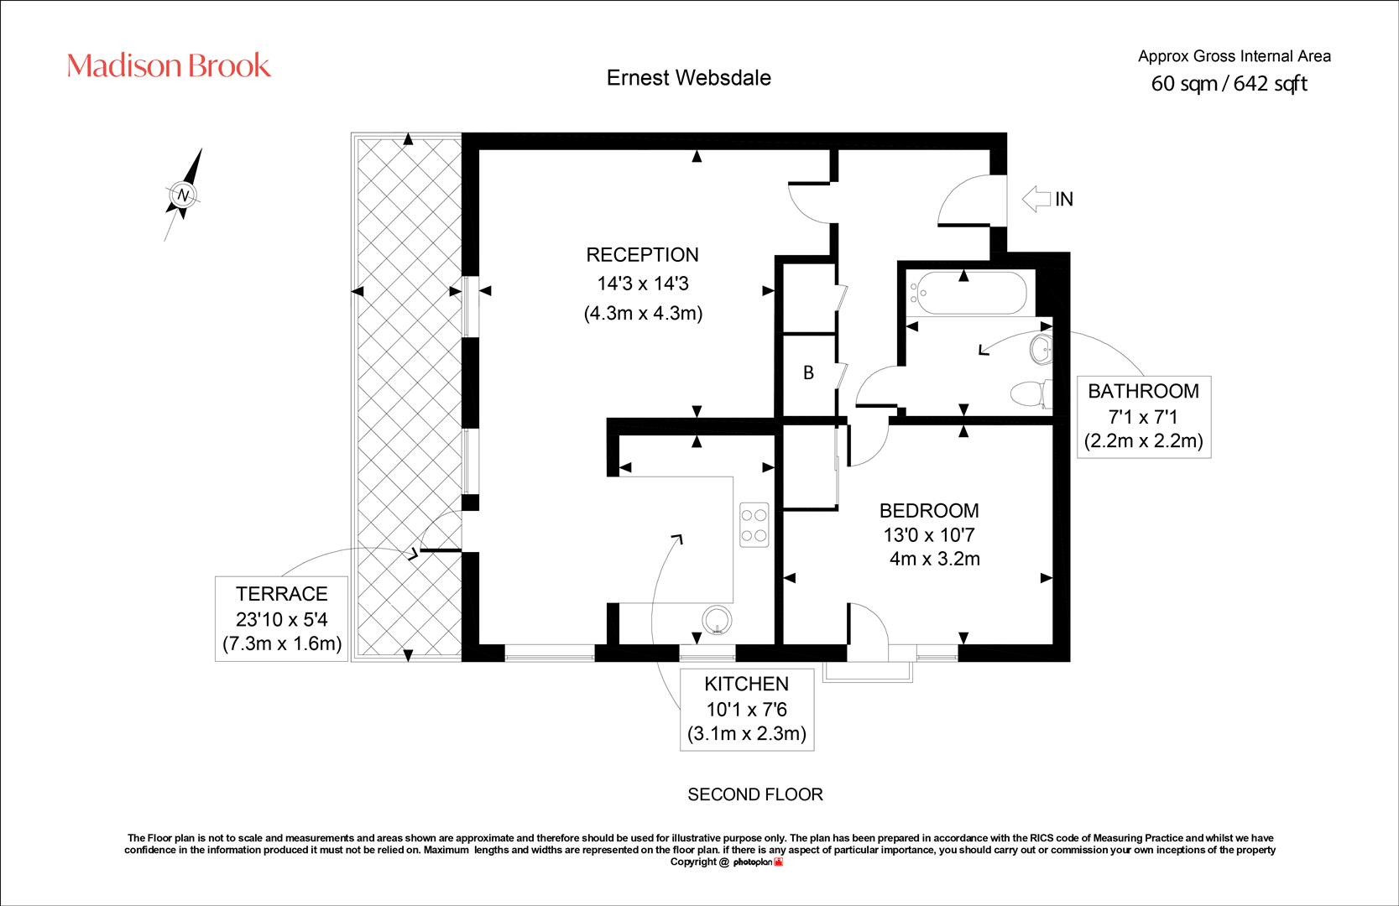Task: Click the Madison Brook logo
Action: pyautogui.click(x=170, y=65)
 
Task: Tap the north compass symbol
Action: pyautogui.click(x=183, y=195)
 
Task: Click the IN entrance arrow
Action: pyautogui.click(x=1036, y=199)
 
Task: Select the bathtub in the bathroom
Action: pyautogui.click(x=968, y=293)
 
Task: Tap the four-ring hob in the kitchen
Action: pyautogui.click(x=754, y=525)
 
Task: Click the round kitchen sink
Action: pyautogui.click(x=717, y=621)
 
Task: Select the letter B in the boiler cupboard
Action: pyautogui.click(x=808, y=372)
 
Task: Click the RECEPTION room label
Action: pyautogui.click(x=642, y=255)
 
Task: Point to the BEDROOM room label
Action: pyautogui.click(x=929, y=511)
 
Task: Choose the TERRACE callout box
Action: pyautogui.click(x=282, y=619)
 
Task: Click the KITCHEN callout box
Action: pyautogui.click(x=746, y=710)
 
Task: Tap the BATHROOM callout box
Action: pyautogui.click(x=1144, y=416)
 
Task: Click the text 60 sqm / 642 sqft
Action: pyautogui.click(x=1229, y=84)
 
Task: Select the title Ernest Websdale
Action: pyautogui.click(x=689, y=78)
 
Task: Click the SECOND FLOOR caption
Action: pyautogui.click(x=755, y=794)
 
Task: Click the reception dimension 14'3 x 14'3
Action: pyautogui.click(x=643, y=284)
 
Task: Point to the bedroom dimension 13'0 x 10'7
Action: pyautogui.click(x=929, y=535)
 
